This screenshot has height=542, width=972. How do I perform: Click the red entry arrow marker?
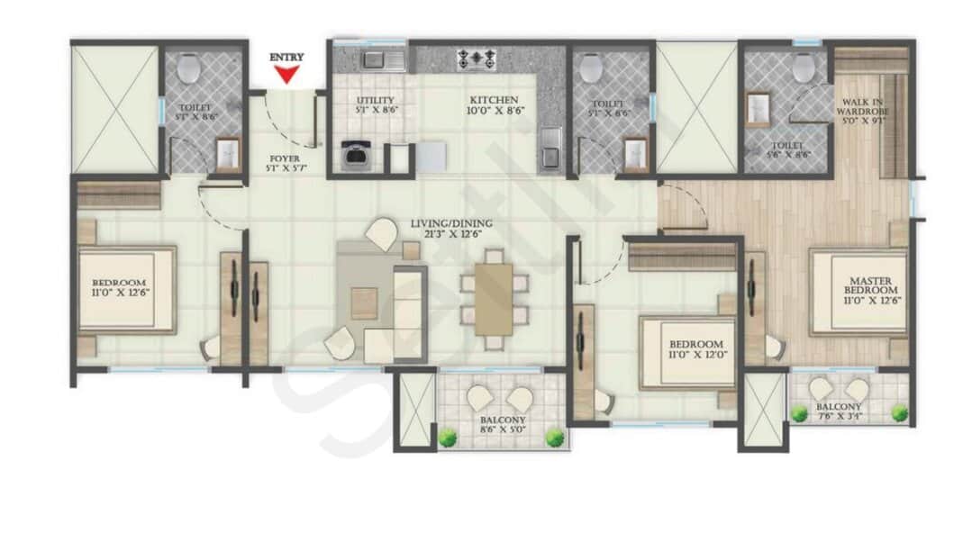287,75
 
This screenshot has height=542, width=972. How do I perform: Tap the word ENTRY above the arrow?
287,58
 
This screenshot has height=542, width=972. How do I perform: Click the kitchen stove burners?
477,59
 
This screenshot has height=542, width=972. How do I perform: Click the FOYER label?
285,163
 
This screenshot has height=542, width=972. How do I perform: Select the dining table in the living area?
493,294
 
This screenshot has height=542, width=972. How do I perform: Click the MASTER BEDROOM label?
870,285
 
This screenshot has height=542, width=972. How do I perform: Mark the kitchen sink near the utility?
372,60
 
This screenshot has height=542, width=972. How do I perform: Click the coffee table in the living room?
364,303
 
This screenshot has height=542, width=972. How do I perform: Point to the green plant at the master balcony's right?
899,412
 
